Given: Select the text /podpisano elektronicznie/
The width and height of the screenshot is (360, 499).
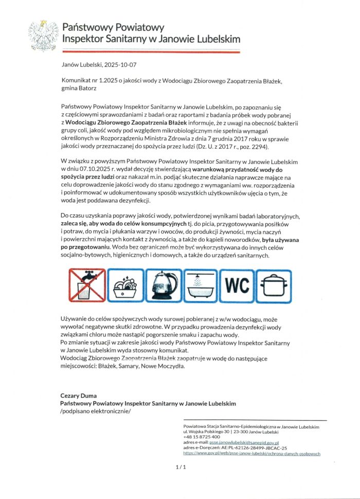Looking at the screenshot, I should click(x=96, y=412).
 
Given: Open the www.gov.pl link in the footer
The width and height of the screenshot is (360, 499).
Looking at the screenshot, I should click(x=251, y=454).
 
